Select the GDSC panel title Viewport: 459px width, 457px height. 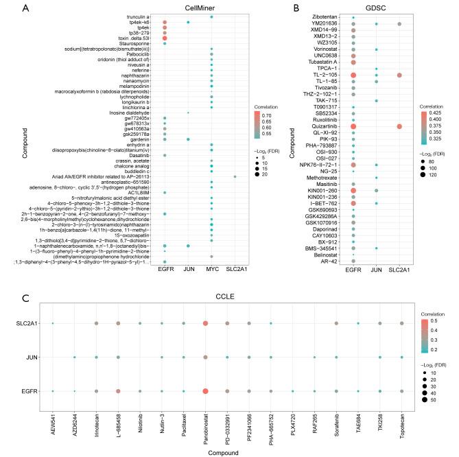click(377, 8)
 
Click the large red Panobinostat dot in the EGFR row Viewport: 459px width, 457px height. click(205, 390)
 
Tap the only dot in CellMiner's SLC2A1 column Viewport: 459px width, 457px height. click(235, 176)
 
